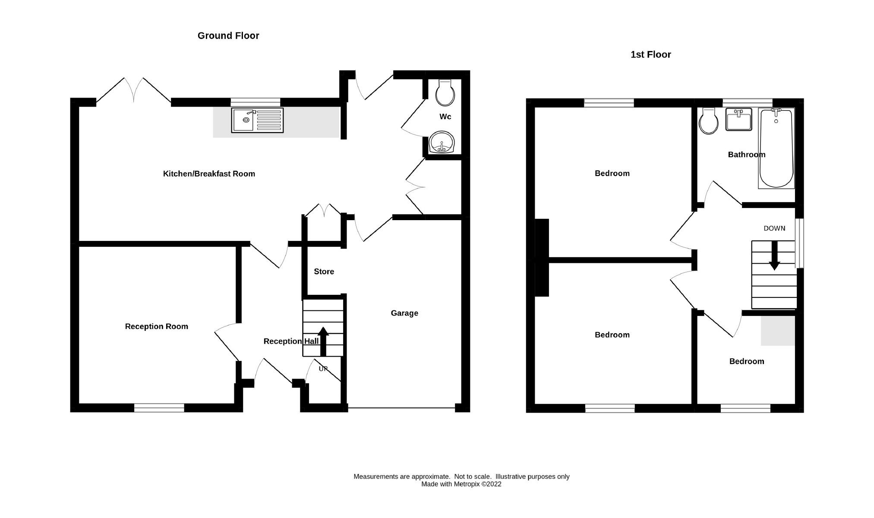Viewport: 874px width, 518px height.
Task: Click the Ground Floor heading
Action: pos(228,36)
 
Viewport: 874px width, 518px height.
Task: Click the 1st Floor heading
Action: pos(650,54)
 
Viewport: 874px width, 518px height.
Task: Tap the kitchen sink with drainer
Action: pos(257,120)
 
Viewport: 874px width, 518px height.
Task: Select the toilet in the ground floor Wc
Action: pos(445,93)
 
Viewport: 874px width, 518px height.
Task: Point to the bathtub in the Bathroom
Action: pos(776,148)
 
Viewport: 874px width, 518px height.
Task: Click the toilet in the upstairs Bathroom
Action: pos(708,121)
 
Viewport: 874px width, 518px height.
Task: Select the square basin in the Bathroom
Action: pos(738,119)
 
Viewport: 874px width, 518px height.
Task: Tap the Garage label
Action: pos(404,313)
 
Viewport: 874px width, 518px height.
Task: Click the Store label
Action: pos(324,272)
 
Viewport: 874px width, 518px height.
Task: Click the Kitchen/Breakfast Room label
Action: pos(209,174)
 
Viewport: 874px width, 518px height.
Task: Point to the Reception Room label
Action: pos(156,326)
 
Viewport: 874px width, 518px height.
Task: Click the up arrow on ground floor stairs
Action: pos(323,341)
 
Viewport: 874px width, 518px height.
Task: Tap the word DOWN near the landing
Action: pos(774,228)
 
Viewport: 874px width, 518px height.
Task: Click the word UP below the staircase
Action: pos(323,369)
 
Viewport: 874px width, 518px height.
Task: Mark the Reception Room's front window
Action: pos(159,407)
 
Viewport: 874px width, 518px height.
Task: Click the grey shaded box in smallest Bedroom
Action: pos(777,331)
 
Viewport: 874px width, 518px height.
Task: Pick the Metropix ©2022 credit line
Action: pos(461,484)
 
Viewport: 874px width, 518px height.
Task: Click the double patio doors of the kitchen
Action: pos(134,91)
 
